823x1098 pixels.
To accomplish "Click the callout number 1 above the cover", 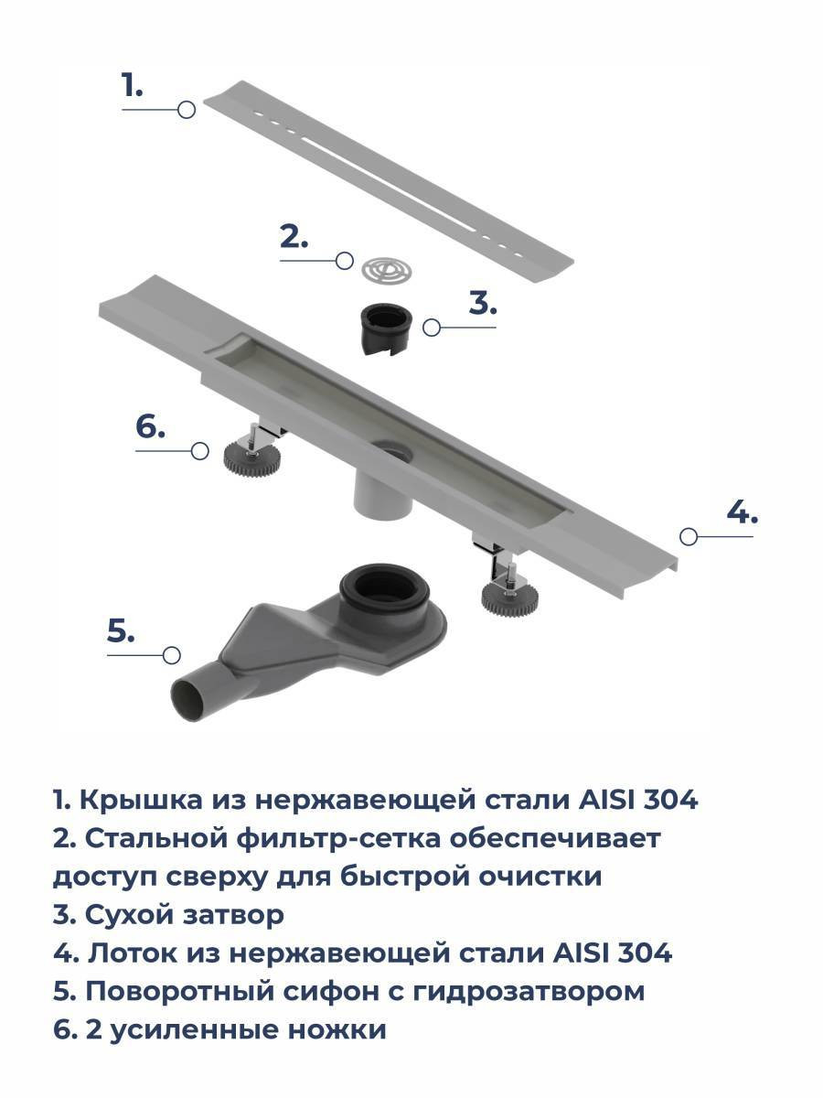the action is click(x=133, y=85).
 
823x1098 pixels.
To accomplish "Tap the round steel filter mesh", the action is click(x=387, y=271).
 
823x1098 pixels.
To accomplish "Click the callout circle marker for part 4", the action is click(x=689, y=536).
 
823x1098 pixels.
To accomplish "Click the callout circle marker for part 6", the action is click(x=200, y=451).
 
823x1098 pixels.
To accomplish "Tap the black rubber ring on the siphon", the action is click(x=384, y=587).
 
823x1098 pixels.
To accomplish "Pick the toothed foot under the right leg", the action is click(x=509, y=597).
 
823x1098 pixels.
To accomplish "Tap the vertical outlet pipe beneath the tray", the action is click(x=383, y=495).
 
